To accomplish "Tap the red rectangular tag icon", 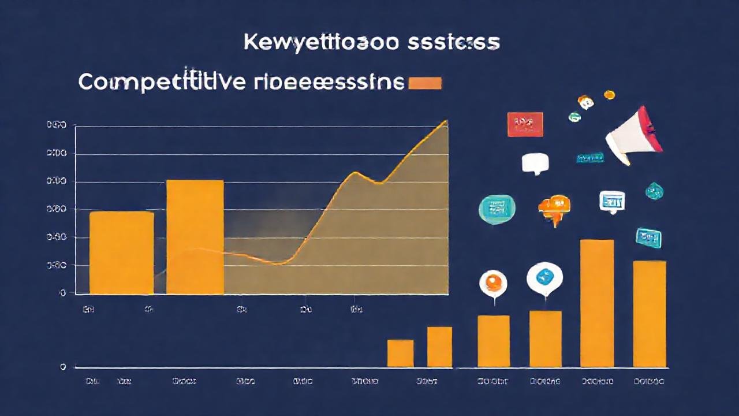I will point(525,124).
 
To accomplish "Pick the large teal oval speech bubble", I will point(497,209).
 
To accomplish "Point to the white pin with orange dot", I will point(493,283).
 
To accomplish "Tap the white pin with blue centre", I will point(544,278).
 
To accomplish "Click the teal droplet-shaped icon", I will point(654,191).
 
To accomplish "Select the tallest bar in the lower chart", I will point(596,303).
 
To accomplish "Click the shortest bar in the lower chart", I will point(400,353).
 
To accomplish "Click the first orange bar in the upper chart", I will point(121,253).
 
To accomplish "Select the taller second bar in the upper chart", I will point(195,237).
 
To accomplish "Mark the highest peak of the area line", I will point(446,121).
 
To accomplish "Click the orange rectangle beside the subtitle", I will point(425,83).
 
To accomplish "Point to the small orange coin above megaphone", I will point(609,95).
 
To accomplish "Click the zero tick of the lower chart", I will point(63,367).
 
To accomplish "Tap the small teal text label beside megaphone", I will point(589,158).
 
